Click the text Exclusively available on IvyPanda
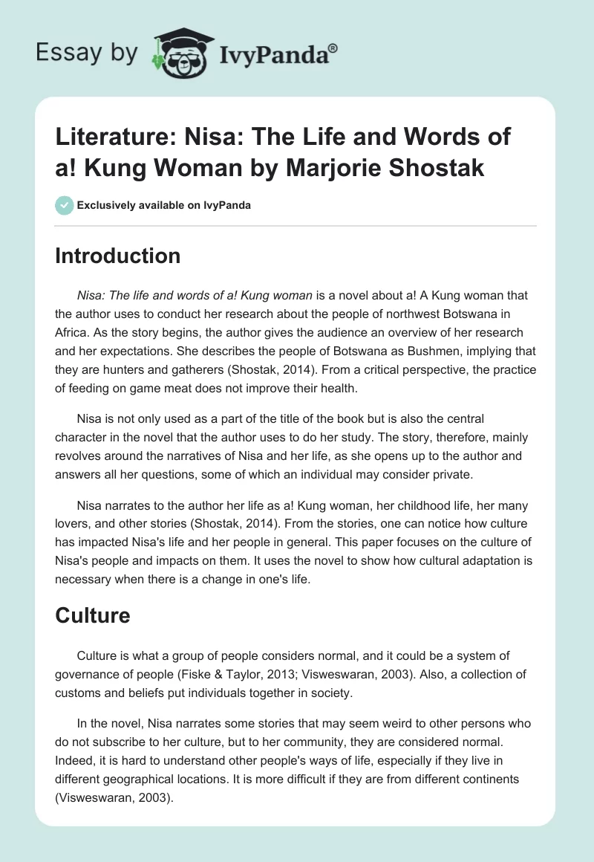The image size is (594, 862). point(163,205)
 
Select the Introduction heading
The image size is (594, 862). point(117,256)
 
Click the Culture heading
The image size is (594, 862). point(93,615)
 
